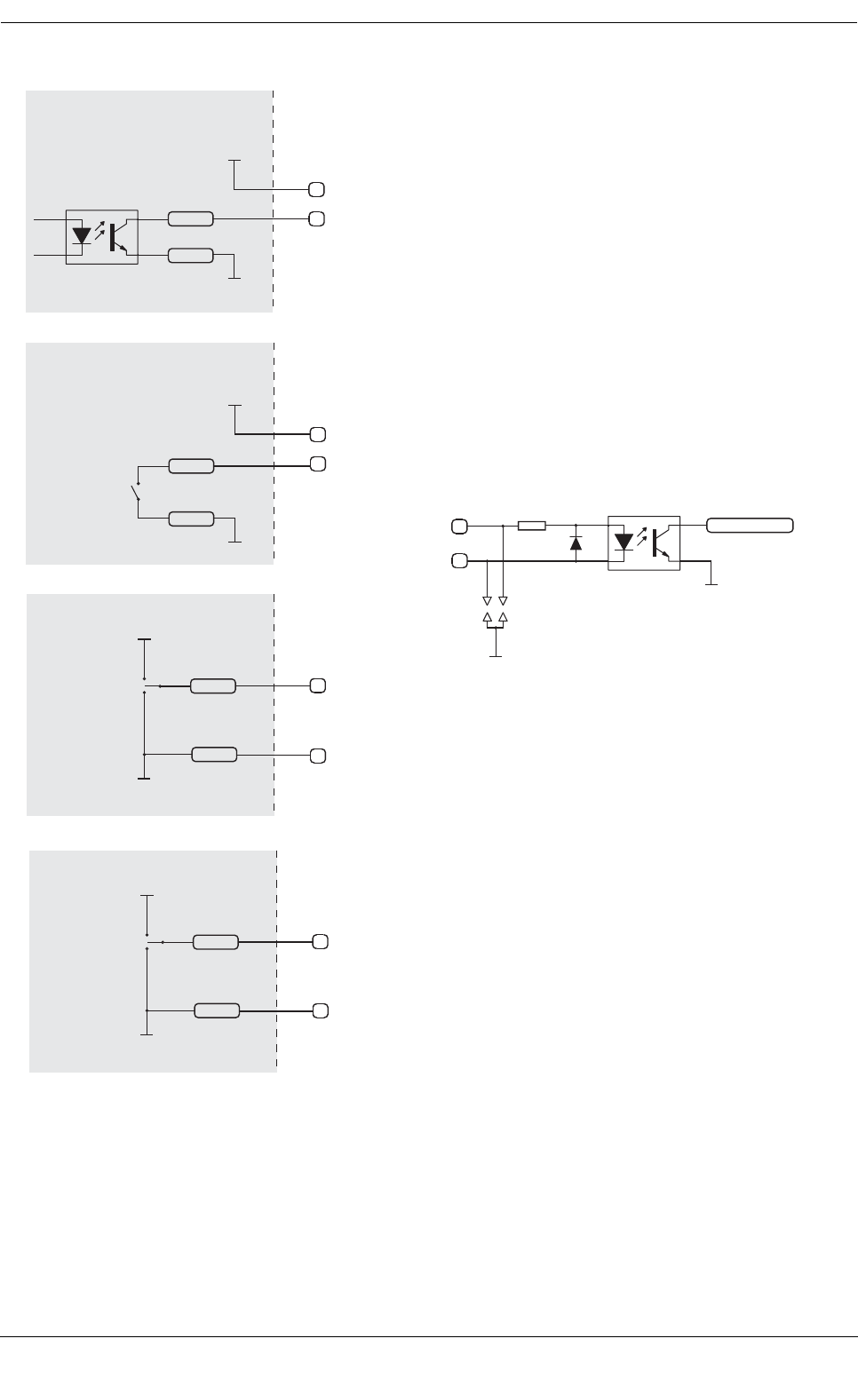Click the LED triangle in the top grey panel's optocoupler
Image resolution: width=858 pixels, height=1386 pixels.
pyautogui.click(x=82, y=236)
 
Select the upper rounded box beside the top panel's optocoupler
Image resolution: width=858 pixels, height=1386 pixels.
pyautogui.click(x=190, y=218)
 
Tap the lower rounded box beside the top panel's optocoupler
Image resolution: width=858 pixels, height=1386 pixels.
pyautogui.click(x=190, y=256)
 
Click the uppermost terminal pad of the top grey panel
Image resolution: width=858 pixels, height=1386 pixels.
pyautogui.click(x=316, y=189)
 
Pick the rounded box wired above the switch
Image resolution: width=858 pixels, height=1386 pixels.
pyautogui.click(x=191, y=464)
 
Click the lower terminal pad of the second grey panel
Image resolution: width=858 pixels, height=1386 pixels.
pyautogui.click(x=317, y=463)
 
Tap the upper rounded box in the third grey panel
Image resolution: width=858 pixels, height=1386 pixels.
pyautogui.click(x=213, y=685)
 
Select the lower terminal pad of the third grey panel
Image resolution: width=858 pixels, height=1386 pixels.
pyautogui.click(x=317, y=756)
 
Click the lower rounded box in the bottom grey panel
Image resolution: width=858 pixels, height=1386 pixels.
pyautogui.click(x=217, y=1010)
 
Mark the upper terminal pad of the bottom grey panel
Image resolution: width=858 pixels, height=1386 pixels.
pyautogui.click(x=321, y=941)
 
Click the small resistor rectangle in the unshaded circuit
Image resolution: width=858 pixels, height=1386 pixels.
pyautogui.click(x=531, y=526)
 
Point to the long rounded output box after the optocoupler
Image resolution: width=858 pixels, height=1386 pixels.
pyautogui.click(x=751, y=525)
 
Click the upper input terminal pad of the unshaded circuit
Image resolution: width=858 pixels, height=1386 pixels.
pyautogui.click(x=458, y=526)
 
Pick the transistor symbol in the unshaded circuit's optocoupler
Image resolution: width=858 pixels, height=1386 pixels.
pyautogui.click(x=662, y=542)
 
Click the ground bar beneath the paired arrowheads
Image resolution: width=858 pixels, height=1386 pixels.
pyautogui.click(x=496, y=656)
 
